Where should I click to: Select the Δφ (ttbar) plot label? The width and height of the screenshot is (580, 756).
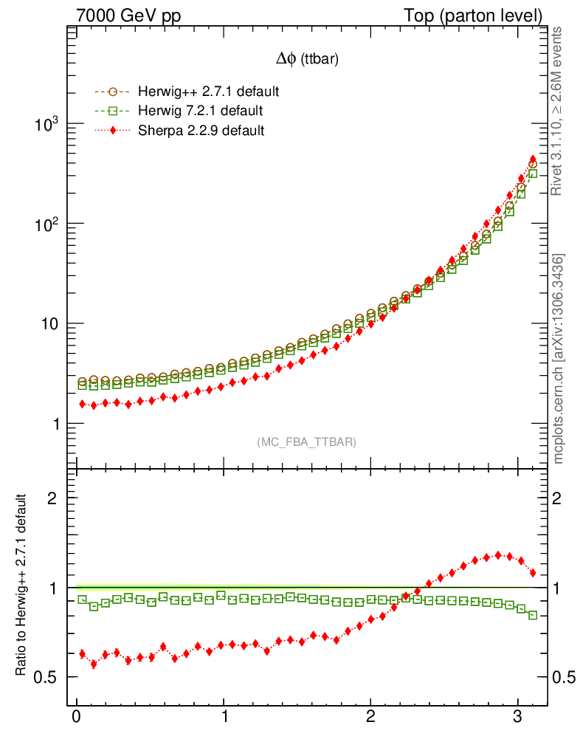coord(307,61)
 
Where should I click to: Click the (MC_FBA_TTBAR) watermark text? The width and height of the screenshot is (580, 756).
coord(307,442)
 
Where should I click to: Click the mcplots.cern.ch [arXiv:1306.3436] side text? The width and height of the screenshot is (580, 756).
coord(559,358)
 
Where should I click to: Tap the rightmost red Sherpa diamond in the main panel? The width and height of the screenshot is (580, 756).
coord(533,159)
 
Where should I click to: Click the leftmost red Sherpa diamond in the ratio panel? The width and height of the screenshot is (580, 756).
coord(82,654)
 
